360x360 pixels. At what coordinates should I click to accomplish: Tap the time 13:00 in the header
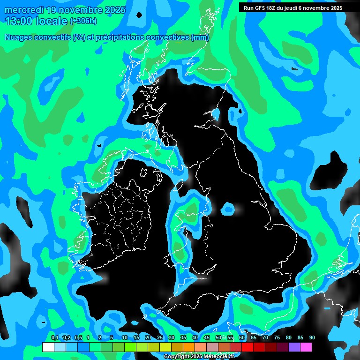click(x=19, y=21)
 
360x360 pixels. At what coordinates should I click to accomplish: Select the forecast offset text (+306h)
click(x=83, y=21)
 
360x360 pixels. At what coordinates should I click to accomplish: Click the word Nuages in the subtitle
click(x=19, y=37)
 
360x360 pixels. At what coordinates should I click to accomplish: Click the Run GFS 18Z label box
click(x=293, y=8)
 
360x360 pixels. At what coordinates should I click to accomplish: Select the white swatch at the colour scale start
click(x=48, y=347)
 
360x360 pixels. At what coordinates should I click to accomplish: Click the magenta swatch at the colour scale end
click(x=306, y=347)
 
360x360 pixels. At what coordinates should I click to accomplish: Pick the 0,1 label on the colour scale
click(x=54, y=338)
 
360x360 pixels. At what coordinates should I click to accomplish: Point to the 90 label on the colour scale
click(x=312, y=338)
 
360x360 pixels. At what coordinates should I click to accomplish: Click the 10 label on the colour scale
click(x=124, y=338)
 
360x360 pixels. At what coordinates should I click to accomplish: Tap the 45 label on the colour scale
click(x=207, y=338)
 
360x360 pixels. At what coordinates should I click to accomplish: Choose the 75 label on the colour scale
click(x=277, y=338)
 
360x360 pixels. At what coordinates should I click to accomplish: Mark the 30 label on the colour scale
click(x=172, y=338)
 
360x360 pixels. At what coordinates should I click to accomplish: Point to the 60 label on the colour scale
click(x=242, y=338)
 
